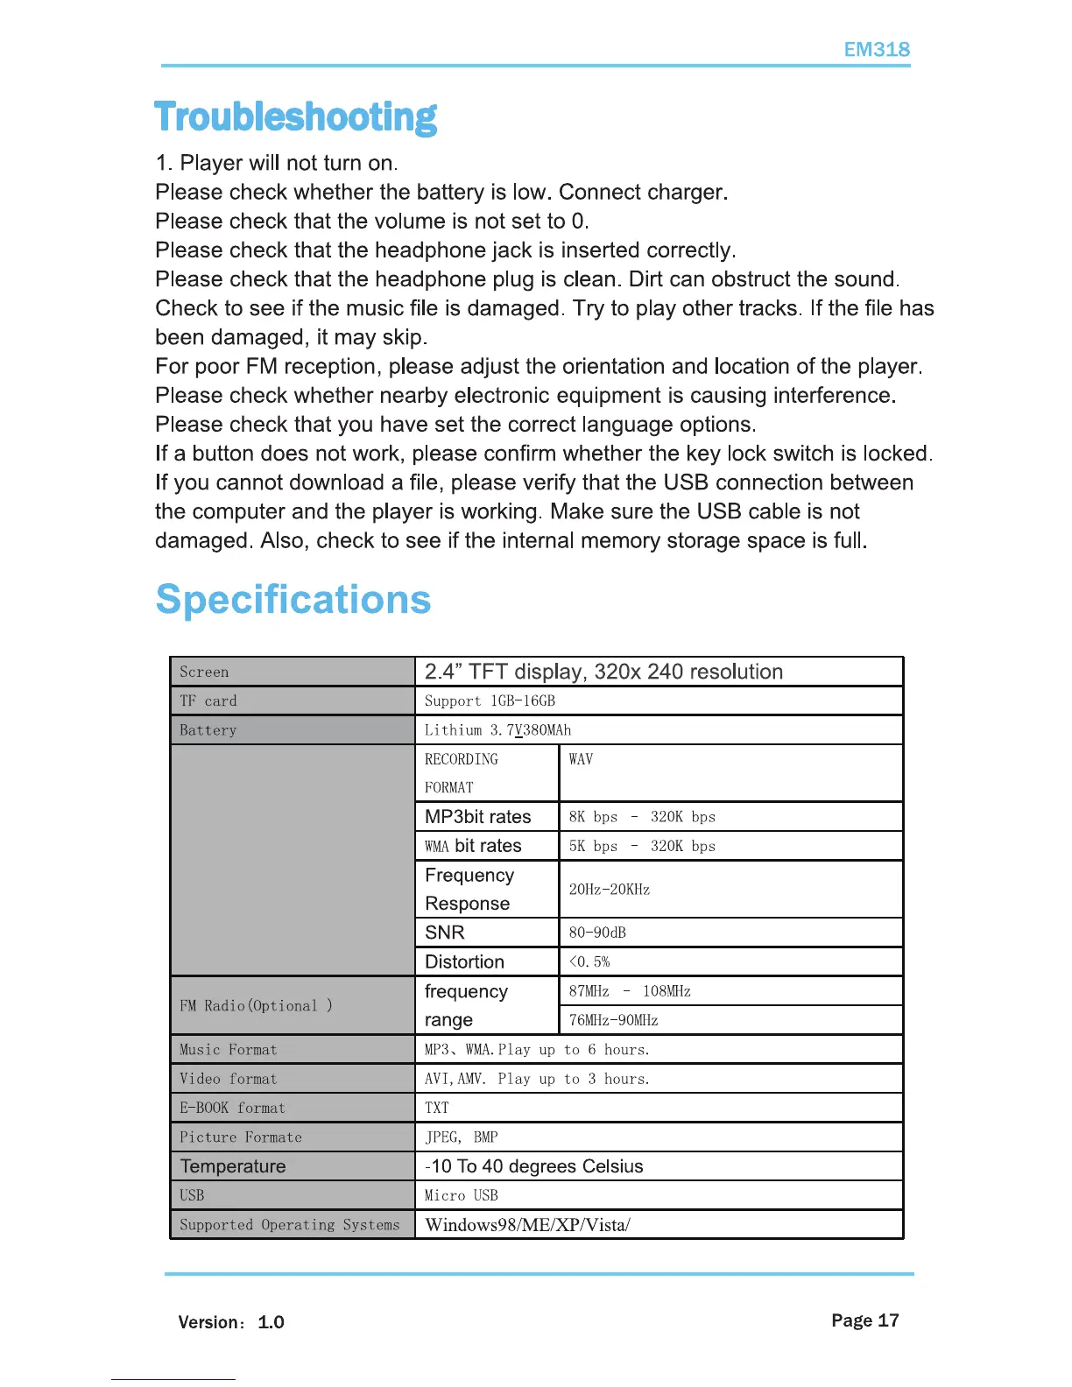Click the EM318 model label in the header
(876, 50)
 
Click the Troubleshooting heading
(295, 117)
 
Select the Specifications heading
(293, 600)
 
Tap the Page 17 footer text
(864, 1320)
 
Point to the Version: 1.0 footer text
(231, 1322)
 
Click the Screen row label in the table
(204, 672)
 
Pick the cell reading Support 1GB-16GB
(490, 701)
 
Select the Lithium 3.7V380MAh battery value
(497, 730)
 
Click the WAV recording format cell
(581, 760)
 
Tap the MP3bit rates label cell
(478, 817)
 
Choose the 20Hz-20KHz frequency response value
(610, 890)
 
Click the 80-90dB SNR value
(597, 933)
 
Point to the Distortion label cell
(465, 962)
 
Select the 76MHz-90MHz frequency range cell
(613, 1020)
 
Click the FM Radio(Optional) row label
(256, 1006)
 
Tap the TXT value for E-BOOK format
(437, 1108)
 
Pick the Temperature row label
(233, 1166)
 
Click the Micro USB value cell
(462, 1195)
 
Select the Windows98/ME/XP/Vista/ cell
(527, 1225)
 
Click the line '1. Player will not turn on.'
(277, 163)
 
